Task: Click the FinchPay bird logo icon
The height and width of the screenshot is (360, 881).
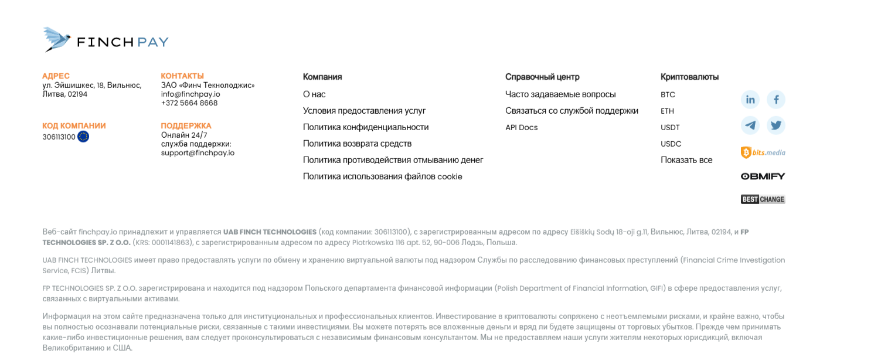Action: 57,39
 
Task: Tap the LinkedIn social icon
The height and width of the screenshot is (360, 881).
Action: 750,100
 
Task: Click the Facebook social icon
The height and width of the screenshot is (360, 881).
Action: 776,100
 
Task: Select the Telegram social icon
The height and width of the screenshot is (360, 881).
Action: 750,125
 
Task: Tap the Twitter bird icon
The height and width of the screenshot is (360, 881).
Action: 776,125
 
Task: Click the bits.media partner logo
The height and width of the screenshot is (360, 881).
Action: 763,152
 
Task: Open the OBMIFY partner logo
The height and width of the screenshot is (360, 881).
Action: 763,176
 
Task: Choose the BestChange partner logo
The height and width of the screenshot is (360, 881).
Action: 763,199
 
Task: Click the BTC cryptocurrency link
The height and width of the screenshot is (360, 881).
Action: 668,94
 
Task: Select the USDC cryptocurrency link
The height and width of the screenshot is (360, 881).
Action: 671,144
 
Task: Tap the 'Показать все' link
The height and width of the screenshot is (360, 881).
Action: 686,160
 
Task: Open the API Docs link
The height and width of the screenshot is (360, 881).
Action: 521,127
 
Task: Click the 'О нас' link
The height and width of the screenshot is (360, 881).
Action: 314,94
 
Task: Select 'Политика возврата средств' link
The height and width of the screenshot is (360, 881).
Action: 357,144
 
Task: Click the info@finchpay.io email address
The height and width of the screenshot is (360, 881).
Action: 191,94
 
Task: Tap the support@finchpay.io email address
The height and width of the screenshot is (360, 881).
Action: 198,153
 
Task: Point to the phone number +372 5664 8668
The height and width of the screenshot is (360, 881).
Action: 189,103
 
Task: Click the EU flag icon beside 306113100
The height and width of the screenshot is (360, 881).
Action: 83,137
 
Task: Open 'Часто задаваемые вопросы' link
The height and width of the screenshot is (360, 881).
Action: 560,94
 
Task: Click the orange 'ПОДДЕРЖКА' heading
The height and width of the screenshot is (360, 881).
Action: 186,125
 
